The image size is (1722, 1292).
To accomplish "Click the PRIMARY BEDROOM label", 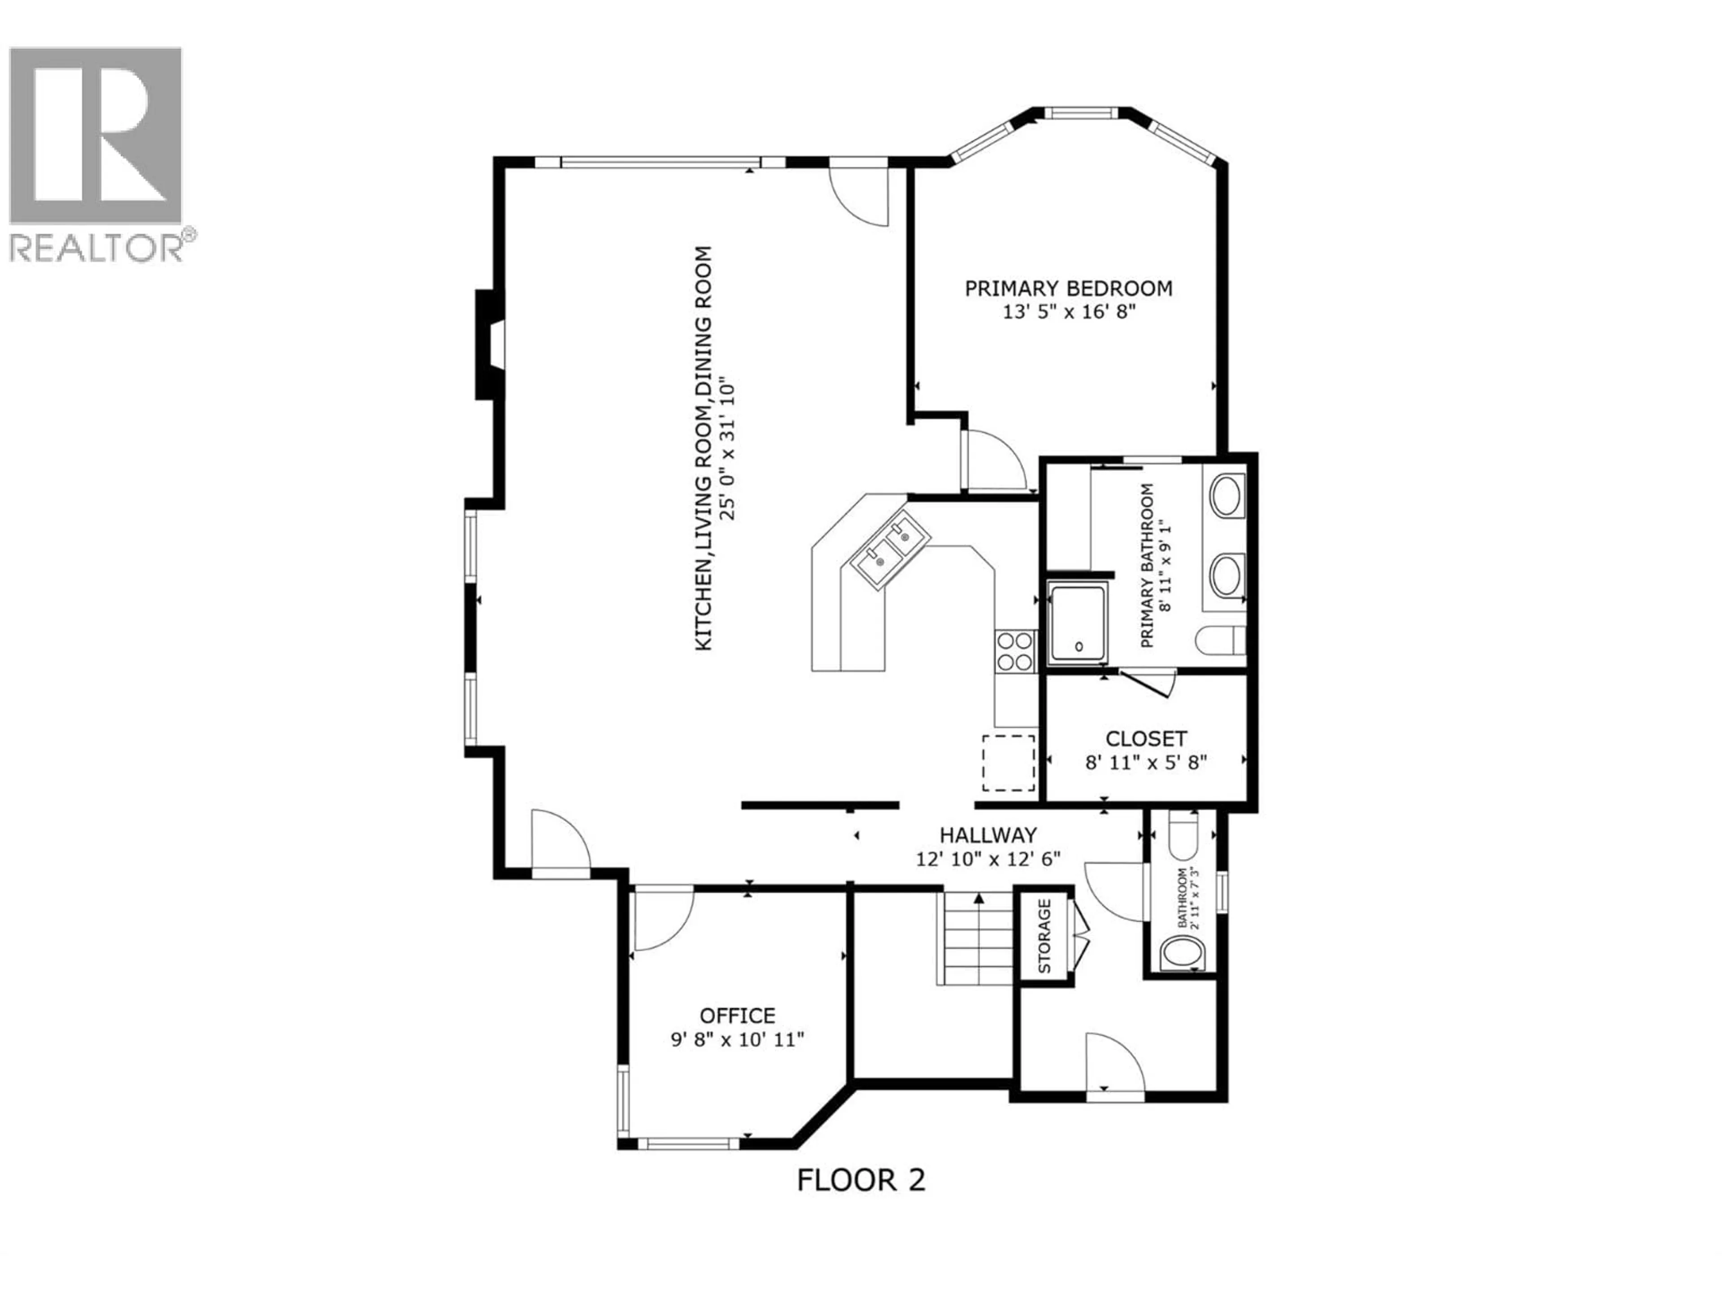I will pyautogui.click(x=1068, y=288).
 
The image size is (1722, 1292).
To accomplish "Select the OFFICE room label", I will pyautogui.click(x=737, y=1016).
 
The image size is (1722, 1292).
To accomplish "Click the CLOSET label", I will pyautogui.click(x=1146, y=738).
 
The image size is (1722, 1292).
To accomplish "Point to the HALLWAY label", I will pyautogui.click(x=988, y=835).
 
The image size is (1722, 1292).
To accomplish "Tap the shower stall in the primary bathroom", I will pyautogui.click(x=1078, y=624).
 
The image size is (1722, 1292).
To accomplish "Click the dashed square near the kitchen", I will pyautogui.click(x=1008, y=763).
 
